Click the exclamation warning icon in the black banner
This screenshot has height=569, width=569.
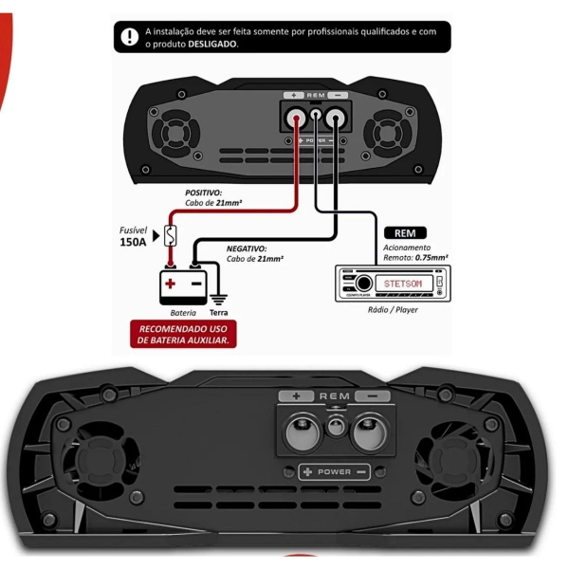[x=130, y=37]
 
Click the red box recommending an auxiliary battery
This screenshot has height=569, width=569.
[x=184, y=334]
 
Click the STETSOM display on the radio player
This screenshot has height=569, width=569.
[x=408, y=284]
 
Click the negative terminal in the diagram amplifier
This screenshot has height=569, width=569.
[x=334, y=119]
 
